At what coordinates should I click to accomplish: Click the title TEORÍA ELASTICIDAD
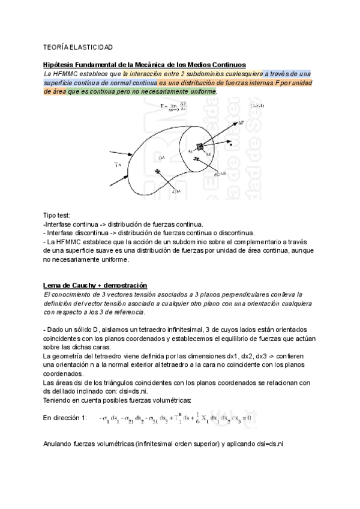pos(78,46)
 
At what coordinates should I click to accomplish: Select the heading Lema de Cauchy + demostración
pos(95,285)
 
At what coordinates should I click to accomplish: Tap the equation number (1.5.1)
pos(226,106)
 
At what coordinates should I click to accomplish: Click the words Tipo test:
pos(57,215)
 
